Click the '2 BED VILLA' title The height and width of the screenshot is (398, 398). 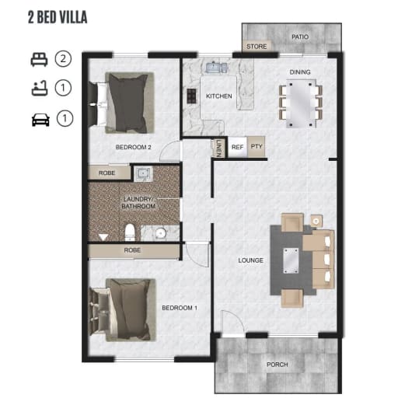tap(58, 17)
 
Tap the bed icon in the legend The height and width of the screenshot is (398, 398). tap(39, 60)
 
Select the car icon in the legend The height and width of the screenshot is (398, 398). tap(40, 120)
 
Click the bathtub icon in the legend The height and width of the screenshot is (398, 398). tap(40, 88)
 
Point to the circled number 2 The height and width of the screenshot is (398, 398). tap(63, 59)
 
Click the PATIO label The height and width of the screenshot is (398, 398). tap(300, 37)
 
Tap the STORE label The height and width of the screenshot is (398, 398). tap(257, 47)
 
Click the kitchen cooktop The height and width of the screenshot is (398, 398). tap(192, 96)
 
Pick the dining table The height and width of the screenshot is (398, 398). tap(301, 103)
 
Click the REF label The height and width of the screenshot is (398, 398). tap(237, 147)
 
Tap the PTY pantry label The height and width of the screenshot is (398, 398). tap(257, 146)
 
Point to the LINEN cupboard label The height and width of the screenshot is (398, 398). tap(218, 148)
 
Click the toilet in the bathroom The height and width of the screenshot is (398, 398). tap(130, 232)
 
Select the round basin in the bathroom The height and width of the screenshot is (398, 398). tap(161, 233)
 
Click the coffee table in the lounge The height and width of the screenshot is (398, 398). tap(291, 260)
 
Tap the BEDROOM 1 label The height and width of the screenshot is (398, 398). tap(180, 308)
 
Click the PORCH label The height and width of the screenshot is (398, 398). tap(278, 365)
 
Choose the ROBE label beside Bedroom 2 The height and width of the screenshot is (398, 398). tap(106, 173)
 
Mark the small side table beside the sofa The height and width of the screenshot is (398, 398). tap(316, 222)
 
